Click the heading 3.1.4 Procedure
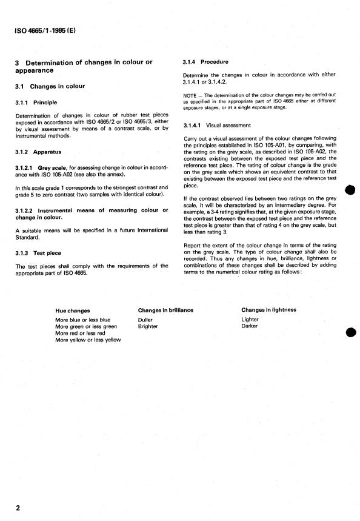coord(205,62)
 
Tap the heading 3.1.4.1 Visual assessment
coord(216,126)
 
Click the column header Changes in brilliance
coord(165,310)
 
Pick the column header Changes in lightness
coord(268,310)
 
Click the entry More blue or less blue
coord(82,320)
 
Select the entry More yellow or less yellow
coord(88,340)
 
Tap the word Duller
coord(145,320)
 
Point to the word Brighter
coord(148,326)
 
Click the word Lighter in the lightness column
coord(250,319)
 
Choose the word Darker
coord(249,326)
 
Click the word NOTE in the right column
coord(190,96)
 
